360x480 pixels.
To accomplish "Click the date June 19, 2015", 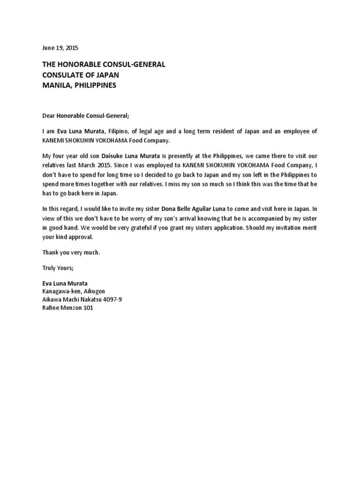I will [x=60, y=48].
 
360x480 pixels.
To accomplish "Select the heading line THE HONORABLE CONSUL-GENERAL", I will [x=104, y=64].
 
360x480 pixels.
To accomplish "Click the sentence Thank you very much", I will [x=71, y=252].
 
